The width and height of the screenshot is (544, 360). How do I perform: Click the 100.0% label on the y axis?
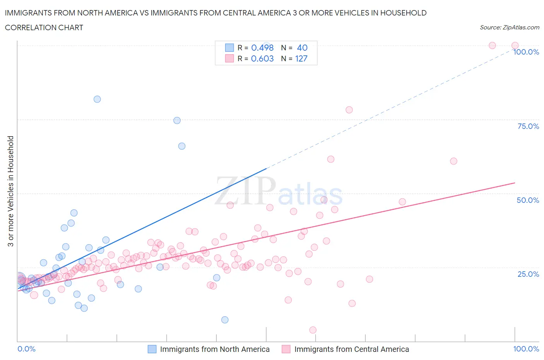pyautogui.click(x=526, y=52)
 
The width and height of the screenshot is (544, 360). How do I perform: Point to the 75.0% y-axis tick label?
pyautogui.click(x=528, y=126)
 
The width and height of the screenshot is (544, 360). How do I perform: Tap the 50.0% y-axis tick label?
pyautogui.click(x=528, y=200)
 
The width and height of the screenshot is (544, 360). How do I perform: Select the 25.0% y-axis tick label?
pyautogui.click(x=528, y=274)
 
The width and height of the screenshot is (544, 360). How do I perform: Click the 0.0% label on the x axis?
pyautogui.click(x=26, y=349)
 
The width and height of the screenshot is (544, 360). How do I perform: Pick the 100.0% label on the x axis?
pyautogui.click(x=526, y=349)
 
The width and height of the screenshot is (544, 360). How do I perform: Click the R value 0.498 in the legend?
pyautogui.click(x=262, y=48)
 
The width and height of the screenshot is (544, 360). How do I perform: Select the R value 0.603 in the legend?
pyautogui.click(x=262, y=58)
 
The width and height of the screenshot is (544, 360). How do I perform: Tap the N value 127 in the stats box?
pyautogui.click(x=301, y=58)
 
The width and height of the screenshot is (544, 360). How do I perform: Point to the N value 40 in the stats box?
pyautogui.click(x=302, y=48)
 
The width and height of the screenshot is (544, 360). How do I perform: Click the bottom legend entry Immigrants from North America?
pyautogui.click(x=215, y=349)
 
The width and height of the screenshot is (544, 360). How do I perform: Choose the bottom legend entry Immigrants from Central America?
pyautogui.click(x=351, y=349)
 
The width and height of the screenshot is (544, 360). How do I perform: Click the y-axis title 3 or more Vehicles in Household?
pyautogui.click(x=11, y=191)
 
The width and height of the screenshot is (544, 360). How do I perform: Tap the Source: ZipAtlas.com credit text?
pyautogui.click(x=509, y=27)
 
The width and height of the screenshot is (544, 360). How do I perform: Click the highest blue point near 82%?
pyautogui.click(x=97, y=99)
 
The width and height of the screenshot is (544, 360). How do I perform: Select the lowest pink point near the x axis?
pyautogui.click(x=313, y=330)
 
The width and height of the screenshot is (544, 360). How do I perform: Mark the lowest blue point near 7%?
pyautogui.click(x=225, y=320)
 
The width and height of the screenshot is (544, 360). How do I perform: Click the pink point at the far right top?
pyautogui.click(x=515, y=45)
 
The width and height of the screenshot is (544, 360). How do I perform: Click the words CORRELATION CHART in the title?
pyautogui.click(x=44, y=27)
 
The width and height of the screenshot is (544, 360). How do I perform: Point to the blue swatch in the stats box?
pyautogui.click(x=229, y=48)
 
